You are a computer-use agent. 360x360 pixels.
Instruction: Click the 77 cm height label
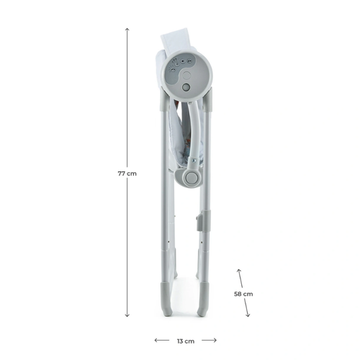coord(127,174)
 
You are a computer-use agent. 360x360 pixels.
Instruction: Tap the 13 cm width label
coord(186,341)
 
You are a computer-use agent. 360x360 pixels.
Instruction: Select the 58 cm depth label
coord(243,294)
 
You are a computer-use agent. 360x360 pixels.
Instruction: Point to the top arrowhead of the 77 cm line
coord(127,30)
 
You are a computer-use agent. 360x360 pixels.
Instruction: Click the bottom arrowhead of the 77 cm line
coord(127,315)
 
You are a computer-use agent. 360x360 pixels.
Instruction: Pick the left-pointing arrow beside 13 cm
coord(162,340)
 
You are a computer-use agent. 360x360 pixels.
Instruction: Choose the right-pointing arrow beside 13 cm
coord(209,340)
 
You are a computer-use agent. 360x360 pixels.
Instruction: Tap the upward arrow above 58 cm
coord(240,278)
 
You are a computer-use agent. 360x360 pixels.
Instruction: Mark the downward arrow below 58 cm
coord(246,307)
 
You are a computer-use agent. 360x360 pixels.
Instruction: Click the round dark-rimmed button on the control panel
coord(186,87)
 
